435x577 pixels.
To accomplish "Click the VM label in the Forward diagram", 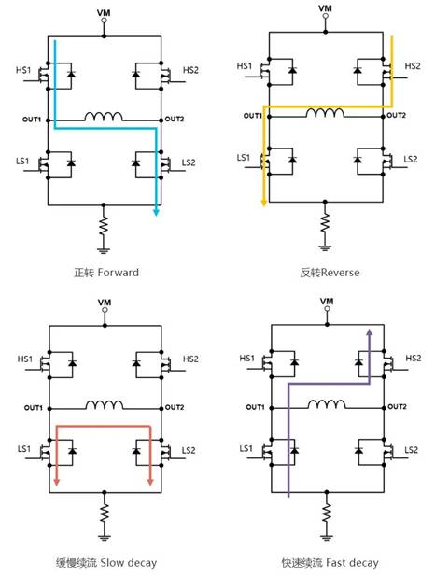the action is [104, 13].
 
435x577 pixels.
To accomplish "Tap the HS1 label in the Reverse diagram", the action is [245, 66].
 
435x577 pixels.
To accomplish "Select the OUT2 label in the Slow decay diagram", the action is [175, 407].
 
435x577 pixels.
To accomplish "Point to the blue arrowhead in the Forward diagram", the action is [156, 212].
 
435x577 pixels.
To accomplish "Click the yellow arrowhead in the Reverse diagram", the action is [263, 203].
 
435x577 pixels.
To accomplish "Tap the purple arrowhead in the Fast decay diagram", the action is [369, 332].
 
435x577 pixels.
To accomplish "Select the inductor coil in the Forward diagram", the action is [104, 117].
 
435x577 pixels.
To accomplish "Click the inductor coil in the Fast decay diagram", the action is [327, 404].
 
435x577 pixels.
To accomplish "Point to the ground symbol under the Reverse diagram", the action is [325, 247].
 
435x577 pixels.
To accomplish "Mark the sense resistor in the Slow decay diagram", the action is [105, 513].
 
